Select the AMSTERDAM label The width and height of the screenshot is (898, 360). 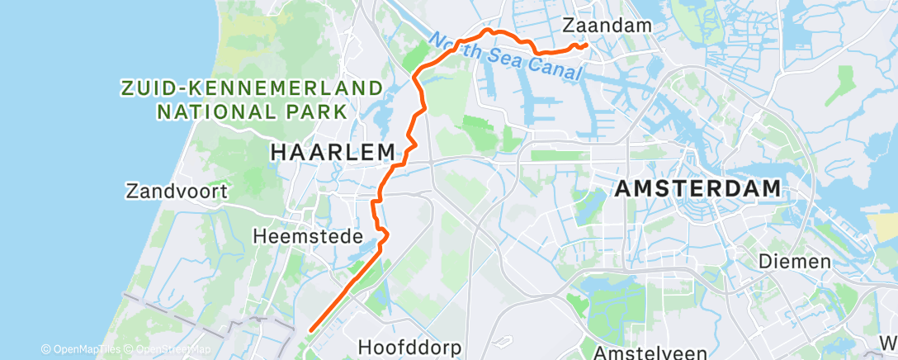[698, 188]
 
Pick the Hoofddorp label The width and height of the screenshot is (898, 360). [410, 347]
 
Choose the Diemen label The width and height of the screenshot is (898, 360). [795, 262]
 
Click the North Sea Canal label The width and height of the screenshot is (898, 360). [506, 56]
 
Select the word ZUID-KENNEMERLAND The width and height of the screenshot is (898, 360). [252, 88]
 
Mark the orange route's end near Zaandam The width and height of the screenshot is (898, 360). [585, 45]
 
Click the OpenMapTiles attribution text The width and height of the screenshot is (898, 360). [80, 350]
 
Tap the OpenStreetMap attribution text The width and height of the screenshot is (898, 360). [163, 350]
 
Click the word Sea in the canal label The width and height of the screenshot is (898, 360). [505, 56]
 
